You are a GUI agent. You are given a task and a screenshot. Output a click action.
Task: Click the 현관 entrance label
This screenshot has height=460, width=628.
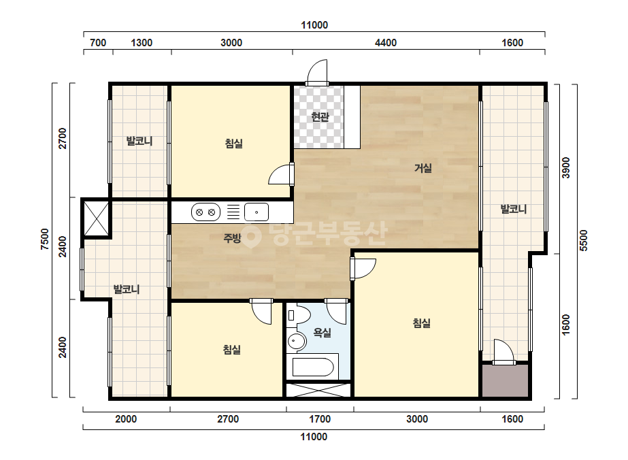point(320,117)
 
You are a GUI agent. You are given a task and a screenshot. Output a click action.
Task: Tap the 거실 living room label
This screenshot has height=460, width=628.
point(423,168)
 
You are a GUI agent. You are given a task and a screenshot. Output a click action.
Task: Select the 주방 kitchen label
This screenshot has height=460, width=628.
point(232,238)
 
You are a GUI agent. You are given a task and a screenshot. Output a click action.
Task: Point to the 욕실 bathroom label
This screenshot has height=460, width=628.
point(322,332)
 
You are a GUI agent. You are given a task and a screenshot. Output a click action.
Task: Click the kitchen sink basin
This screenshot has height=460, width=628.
point(257,212)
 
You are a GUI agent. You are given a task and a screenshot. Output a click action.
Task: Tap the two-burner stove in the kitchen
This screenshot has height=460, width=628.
point(206,212)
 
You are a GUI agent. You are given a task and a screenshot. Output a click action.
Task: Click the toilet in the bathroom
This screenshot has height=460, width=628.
point(299,315)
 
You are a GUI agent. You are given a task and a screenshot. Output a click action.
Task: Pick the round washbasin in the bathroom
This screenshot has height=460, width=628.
point(297,342)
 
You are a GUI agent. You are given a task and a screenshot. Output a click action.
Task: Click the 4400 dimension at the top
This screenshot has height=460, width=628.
point(386,42)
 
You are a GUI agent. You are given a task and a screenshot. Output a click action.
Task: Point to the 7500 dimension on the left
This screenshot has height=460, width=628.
point(45,240)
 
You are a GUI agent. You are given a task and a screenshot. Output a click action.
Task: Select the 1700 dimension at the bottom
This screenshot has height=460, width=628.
point(320,419)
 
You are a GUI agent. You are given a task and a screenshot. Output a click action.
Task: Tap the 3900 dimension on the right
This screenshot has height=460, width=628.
point(565,168)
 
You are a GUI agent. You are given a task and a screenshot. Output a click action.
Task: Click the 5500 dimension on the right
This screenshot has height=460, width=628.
point(584,240)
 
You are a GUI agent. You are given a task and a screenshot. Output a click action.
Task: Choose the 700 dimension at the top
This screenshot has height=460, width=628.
point(98,42)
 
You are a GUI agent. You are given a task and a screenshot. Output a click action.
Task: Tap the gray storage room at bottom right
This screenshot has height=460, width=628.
point(505,380)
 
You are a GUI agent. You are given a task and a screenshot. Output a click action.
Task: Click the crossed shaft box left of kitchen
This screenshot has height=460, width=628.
point(96,218)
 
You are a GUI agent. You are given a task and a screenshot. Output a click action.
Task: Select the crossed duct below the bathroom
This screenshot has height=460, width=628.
point(318,390)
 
